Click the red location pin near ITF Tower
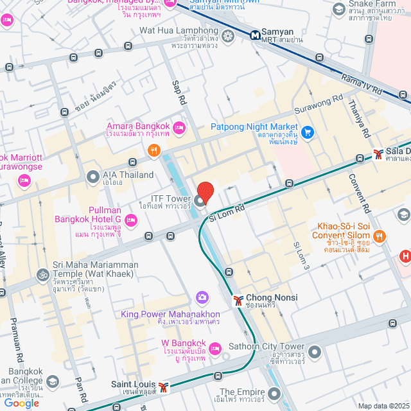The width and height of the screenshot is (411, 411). point(205,192)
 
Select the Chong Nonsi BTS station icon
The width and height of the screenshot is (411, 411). point(238,300)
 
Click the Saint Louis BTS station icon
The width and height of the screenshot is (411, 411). point(164,387)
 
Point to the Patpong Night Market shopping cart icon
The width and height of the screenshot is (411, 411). point(308,132)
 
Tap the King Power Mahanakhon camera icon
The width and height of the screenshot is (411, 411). point(202,297)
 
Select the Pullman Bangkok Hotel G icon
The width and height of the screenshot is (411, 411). point(131,220)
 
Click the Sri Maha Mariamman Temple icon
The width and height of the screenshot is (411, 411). point(43,274)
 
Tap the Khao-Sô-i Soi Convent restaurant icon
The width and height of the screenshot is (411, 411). point(380,236)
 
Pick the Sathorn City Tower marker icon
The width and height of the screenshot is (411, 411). point(315,352)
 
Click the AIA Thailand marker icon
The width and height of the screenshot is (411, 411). point(93,175)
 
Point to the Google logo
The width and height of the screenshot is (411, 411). point(21,403)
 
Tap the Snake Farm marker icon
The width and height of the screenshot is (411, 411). point(339,9)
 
